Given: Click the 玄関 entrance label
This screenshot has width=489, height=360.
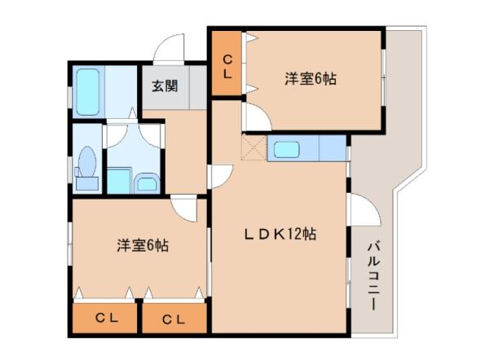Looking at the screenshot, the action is [x=165, y=86].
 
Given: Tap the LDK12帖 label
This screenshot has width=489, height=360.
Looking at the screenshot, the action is [x=280, y=234].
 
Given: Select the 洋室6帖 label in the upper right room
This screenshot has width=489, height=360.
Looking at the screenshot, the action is [x=311, y=78].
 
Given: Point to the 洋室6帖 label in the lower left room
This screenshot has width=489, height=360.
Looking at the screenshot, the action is [x=143, y=245].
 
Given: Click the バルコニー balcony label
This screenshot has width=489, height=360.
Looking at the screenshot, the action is [x=373, y=276].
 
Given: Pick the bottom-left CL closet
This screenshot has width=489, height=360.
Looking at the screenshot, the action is [x=105, y=318].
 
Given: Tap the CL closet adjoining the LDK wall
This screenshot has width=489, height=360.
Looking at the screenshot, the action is [x=174, y=318].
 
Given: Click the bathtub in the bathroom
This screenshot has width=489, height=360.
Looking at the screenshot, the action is [x=88, y=92].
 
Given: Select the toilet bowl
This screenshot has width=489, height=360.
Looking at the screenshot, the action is [x=87, y=161].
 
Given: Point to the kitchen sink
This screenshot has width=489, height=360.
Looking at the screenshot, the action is [x=287, y=149].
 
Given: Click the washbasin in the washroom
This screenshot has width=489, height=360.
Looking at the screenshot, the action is [x=147, y=184].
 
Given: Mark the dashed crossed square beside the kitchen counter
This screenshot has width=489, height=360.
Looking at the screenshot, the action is [x=254, y=147].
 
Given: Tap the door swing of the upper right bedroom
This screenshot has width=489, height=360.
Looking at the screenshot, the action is [x=258, y=117].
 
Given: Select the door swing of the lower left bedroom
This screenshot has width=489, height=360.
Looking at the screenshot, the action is [x=184, y=209].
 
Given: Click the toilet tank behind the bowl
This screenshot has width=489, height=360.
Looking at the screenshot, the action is [x=87, y=183].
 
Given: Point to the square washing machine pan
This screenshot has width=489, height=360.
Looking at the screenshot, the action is [x=119, y=181].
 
